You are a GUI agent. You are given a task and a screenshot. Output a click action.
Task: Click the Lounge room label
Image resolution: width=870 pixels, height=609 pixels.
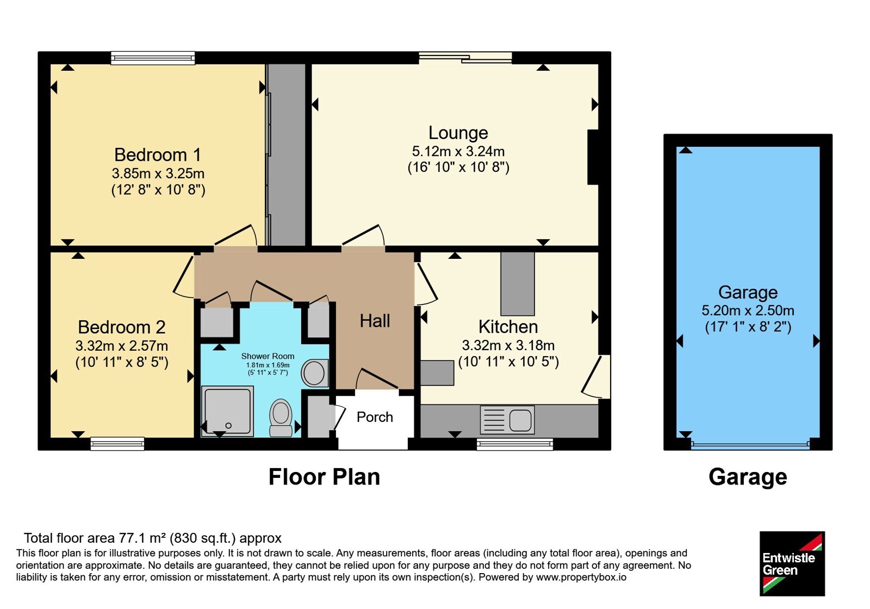click(x=458, y=133)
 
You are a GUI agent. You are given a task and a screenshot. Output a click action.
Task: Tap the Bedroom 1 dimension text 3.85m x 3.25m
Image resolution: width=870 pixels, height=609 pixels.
click(x=158, y=173)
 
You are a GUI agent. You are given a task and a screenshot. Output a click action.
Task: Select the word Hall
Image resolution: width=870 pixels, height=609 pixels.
click(x=375, y=321)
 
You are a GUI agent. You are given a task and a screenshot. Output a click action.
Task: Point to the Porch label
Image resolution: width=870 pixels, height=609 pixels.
click(x=375, y=417)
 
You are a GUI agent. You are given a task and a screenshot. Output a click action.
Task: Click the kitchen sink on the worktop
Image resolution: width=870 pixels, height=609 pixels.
click(x=507, y=420)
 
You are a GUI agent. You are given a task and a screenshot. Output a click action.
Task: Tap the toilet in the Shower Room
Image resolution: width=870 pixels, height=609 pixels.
click(x=281, y=418)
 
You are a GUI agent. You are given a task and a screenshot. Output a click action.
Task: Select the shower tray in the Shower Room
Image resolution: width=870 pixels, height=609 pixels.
click(x=228, y=411)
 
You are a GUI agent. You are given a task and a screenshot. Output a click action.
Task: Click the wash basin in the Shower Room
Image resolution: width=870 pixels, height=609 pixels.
click(x=315, y=373)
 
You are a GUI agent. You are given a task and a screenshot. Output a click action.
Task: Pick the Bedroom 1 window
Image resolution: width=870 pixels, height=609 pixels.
click(x=153, y=58)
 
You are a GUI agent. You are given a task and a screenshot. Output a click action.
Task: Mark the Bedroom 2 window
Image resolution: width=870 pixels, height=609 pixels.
click(x=117, y=444)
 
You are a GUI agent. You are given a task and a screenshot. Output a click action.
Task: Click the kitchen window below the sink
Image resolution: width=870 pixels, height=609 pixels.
click(x=514, y=444)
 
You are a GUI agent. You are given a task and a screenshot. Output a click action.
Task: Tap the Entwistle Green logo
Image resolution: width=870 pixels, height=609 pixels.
click(x=792, y=563)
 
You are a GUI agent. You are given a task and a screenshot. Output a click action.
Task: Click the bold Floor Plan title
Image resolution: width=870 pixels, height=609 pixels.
click(x=324, y=477)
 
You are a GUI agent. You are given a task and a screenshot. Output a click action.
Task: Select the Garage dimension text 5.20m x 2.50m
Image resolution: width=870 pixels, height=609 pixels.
click(x=748, y=310)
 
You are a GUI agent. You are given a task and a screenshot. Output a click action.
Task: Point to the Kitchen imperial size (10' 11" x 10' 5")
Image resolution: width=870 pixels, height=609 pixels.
click(x=508, y=362)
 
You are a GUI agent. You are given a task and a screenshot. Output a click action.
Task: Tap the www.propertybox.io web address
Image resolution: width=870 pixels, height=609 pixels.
click(x=581, y=577)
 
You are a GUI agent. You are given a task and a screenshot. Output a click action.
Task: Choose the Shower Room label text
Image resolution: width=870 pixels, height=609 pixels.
click(x=268, y=356)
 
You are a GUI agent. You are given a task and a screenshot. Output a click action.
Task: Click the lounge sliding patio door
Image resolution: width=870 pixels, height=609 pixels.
click(x=465, y=58)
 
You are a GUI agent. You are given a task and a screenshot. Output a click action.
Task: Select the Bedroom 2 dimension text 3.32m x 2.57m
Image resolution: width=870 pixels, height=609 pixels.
click(x=122, y=345)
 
